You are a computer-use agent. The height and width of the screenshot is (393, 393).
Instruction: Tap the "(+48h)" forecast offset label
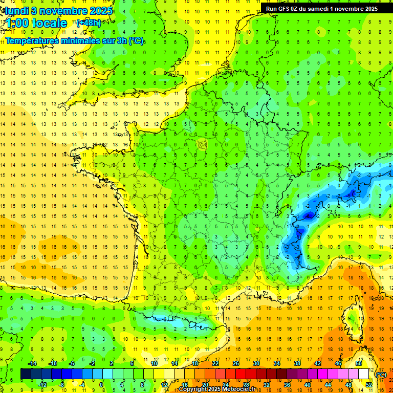coord(89,23)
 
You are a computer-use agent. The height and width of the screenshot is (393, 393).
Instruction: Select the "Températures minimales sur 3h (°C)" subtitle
coord(75,40)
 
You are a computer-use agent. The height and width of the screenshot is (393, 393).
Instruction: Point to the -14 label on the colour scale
coord(32,363)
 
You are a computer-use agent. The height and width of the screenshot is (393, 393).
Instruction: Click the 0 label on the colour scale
coord(101,384)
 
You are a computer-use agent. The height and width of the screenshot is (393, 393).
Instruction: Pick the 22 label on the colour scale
coord(215,363)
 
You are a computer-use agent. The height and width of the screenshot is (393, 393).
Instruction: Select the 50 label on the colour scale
coord(358,363)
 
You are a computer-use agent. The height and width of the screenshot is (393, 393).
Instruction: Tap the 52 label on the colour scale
coord(369,384)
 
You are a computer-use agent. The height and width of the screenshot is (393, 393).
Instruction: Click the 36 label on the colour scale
coord(287,384)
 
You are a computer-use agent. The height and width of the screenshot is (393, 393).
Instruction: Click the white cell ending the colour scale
coord(364,374)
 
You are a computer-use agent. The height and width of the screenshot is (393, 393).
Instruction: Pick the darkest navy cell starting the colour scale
coord(26,374)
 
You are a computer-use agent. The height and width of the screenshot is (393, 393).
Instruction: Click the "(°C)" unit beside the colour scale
coord(381,375)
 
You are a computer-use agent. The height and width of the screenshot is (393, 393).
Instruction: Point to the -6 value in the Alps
coord(309,216)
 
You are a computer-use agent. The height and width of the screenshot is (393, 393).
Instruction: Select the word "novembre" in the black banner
coord(347,9)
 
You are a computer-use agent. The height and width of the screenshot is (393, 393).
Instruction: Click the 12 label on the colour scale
coord(164,384)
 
